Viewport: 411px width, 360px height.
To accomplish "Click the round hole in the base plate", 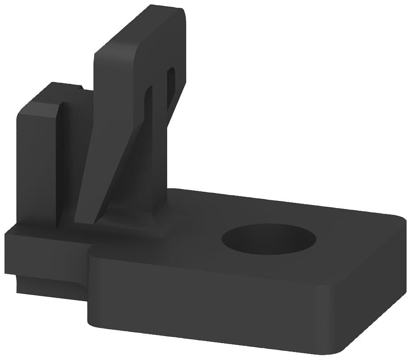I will pos(269,239).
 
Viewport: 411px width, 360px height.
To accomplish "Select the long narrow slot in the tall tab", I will pos(148,115).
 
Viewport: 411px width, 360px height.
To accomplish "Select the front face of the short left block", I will pos(38,164).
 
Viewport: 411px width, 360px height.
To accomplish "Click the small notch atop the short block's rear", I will pos(80,88).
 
